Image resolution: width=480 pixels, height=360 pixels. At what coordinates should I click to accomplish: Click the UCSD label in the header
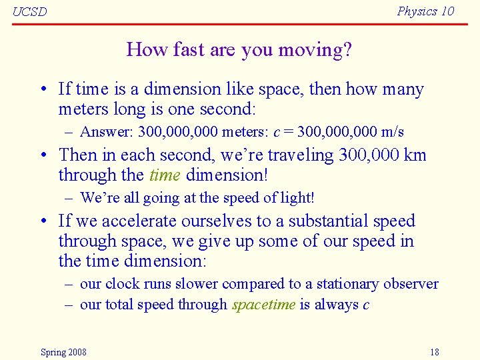pos(30,12)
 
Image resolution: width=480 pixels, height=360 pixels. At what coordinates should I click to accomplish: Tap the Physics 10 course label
pos(425,11)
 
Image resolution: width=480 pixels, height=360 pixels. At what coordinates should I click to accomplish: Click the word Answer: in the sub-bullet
pos(107,132)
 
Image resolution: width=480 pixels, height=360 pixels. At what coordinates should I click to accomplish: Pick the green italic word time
pos(165,175)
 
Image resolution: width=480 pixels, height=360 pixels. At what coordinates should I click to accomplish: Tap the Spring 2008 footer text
pos(63,352)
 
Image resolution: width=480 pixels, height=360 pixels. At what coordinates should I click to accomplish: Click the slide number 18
pos(434,352)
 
